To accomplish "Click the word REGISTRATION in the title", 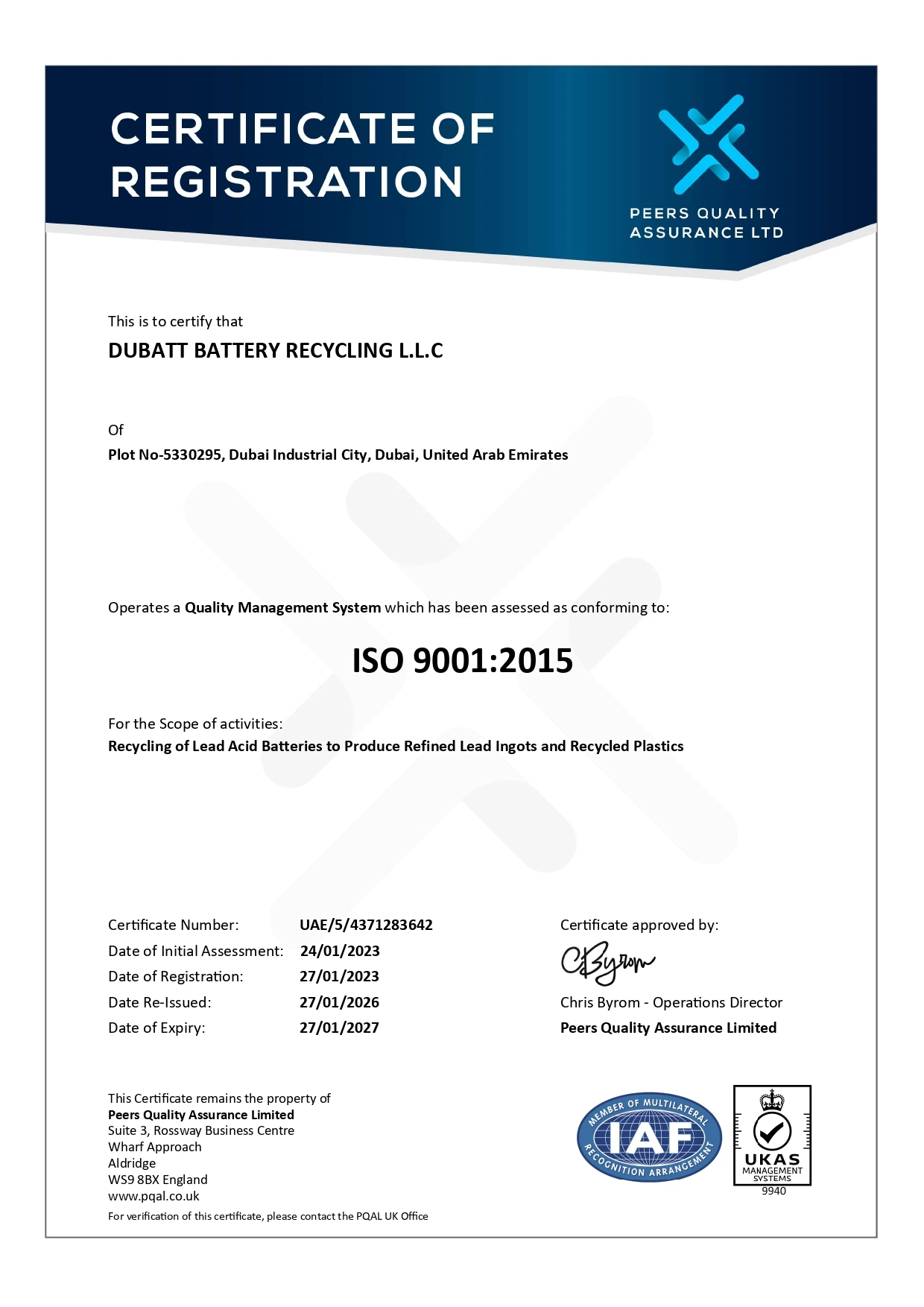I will pos(287,182).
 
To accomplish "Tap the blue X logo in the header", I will pos(707,144).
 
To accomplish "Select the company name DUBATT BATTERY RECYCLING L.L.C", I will pos(276,351).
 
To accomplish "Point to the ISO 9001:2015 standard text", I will pos(462,661).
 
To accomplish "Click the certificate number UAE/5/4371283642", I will pos(366,925).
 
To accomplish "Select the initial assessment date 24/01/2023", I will pos(340,952).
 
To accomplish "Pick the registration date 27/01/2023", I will pos(339,977).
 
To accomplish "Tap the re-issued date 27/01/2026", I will pos(339,1003).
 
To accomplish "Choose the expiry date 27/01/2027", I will pos(339,1028).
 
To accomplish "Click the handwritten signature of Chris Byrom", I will pos(607,964).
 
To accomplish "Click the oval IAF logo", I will pos(649,1139).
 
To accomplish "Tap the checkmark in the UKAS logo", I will pos(772,1133).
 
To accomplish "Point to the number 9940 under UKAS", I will pos(773,1192).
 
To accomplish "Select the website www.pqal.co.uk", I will pos(154,1197).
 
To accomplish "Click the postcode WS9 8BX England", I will pos(158,1180).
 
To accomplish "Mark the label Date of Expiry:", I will pos(156,1028).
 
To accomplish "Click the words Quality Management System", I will pos(282,608).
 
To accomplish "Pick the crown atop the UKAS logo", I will pos(772,1101).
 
